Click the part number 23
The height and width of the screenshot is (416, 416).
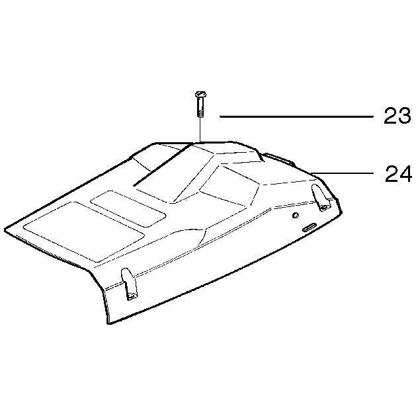click(397, 115)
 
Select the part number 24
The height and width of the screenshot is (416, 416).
click(398, 173)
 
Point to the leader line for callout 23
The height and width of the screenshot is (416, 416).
click(296, 116)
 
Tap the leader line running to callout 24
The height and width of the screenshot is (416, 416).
click(343, 173)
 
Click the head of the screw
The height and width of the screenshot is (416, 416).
click(200, 94)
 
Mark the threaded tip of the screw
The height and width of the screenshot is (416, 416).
click(201, 114)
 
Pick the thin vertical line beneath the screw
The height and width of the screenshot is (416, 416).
click(200, 130)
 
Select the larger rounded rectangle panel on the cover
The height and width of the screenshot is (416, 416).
click(84, 231)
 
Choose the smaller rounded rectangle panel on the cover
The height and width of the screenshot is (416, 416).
click(128, 208)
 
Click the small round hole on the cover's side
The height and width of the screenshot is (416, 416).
click(295, 215)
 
